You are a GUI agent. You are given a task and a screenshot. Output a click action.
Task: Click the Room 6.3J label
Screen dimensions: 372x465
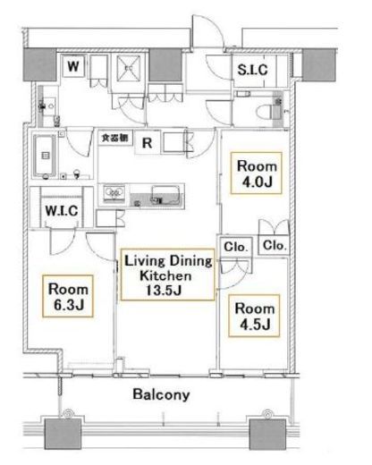tap(68, 296)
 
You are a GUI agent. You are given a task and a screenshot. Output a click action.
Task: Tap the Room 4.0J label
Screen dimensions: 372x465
tap(257, 173)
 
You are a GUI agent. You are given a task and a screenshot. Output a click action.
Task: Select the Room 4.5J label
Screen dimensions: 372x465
tap(254, 316)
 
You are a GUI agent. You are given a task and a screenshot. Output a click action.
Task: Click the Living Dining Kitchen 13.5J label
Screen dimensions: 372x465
tap(168, 275)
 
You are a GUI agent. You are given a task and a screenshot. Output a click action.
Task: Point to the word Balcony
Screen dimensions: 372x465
tap(161, 394)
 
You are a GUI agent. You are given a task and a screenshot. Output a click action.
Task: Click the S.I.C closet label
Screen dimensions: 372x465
tap(252, 70)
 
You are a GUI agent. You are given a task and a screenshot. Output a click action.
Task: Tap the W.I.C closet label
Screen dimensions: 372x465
tap(62, 211)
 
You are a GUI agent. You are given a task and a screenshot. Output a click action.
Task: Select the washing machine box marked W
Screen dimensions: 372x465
tap(73, 66)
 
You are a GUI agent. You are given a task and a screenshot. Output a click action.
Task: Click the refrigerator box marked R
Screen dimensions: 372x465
tap(148, 142)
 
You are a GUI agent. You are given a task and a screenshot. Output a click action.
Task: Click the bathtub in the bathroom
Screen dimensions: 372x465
tap(45, 156)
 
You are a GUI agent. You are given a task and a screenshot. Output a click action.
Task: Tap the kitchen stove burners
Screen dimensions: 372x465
tap(114, 192)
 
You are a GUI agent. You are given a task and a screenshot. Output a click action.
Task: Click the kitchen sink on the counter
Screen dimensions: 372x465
tap(165, 194)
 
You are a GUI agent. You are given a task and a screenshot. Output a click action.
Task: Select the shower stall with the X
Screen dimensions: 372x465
tap(128, 68)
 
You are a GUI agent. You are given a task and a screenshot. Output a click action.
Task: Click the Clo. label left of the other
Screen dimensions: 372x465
tap(236, 247)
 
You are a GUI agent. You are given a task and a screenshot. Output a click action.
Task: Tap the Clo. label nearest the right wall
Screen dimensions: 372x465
tap(275, 245)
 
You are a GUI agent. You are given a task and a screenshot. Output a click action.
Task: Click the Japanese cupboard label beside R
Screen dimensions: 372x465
tap(114, 138)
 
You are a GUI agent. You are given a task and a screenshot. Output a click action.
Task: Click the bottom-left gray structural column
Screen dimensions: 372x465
tap(63, 434)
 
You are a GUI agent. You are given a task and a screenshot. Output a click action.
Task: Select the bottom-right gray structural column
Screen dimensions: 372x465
tap(267, 434)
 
